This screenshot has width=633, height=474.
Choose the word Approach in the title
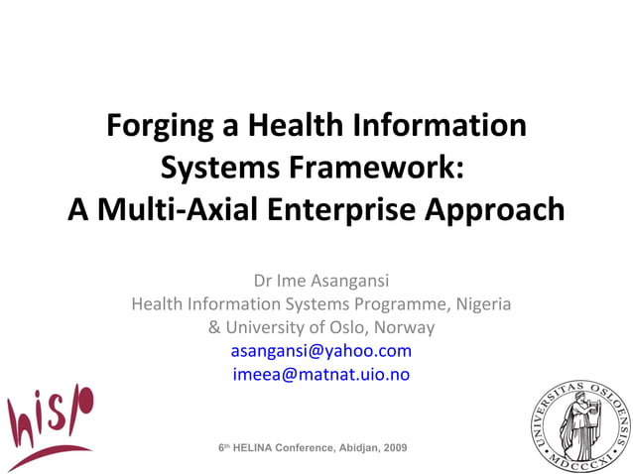click(501, 210)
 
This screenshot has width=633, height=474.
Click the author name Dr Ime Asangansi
click(316, 281)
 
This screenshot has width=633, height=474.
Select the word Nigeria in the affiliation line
click(482, 303)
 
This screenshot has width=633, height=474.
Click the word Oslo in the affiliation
click(354, 327)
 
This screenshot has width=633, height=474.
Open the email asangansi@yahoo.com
click(320, 351)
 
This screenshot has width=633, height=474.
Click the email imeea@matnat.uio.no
click(320, 374)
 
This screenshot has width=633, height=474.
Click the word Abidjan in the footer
click(351, 448)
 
